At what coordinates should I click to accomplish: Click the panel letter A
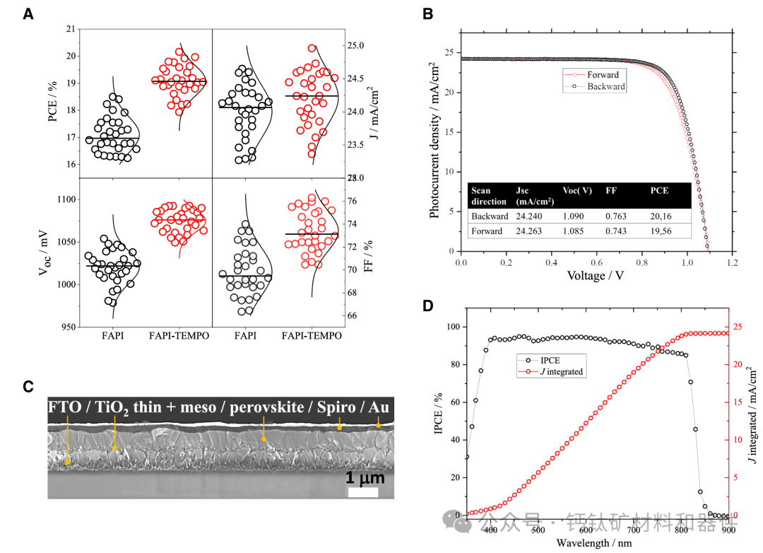tap(28, 13)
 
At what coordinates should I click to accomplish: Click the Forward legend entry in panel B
tap(602, 74)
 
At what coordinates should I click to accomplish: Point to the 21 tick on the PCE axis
tap(69, 29)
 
